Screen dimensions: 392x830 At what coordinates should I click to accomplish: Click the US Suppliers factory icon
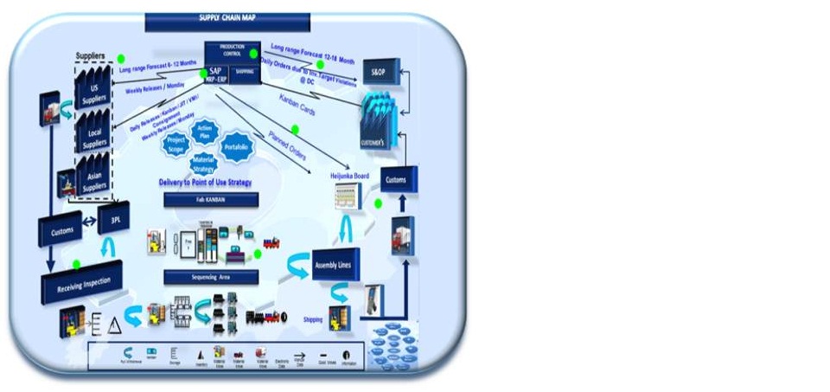[x=93, y=91]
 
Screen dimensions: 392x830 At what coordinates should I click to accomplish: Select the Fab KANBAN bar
[x=210, y=200]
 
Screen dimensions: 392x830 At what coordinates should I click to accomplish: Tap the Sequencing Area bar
[x=210, y=278]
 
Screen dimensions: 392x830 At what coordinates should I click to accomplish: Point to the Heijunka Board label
[x=349, y=176]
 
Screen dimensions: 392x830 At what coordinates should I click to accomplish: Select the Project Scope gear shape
[x=176, y=145]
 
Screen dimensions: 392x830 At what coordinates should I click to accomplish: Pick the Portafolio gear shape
[x=236, y=145]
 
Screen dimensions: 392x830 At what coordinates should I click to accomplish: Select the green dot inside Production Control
[x=253, y=54]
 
